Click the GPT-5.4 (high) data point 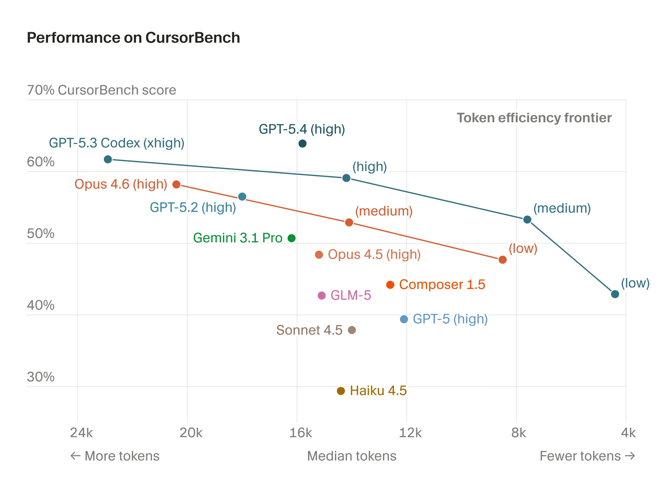point(302,144)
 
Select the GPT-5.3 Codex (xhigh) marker point(108,159)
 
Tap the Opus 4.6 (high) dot point(176,184)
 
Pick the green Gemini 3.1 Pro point point(291,238)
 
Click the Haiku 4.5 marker point(340,391)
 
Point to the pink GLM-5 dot point(322,295)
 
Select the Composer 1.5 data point point(390,284)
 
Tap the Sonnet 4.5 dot point(352,330)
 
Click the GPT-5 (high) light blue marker point(404,319)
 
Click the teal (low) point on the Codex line point(615,294)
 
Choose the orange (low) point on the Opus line point(502,259)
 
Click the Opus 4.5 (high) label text point(374,254)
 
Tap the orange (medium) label point(384,211)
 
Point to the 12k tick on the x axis point(410,433)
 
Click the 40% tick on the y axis point(41,305)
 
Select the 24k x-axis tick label point(81,433)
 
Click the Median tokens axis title point(351,456)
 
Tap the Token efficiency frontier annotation point(534,118)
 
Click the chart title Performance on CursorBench point(133,38)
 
